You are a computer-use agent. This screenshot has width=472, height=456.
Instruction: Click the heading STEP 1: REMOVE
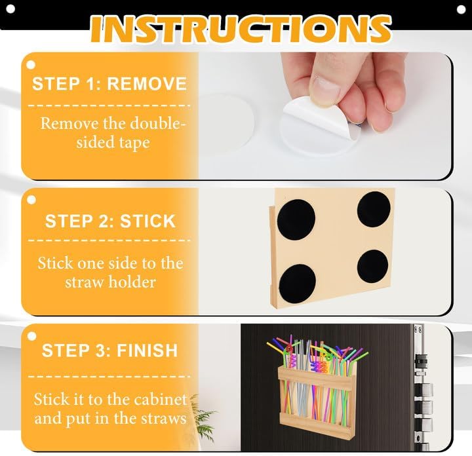click(x=109, y=84)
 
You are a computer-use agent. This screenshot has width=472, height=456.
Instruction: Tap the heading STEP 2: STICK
click(x=110, y=221)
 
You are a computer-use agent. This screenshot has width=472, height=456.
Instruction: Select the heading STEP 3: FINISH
click(x=109, y=350)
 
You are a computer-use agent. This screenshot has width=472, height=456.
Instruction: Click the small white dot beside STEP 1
click(x=29, y=65)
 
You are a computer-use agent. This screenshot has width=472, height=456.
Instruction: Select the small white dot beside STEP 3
click(x=30, y=335)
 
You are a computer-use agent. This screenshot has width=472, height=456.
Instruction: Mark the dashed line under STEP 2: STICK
click(x=109, y=240)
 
